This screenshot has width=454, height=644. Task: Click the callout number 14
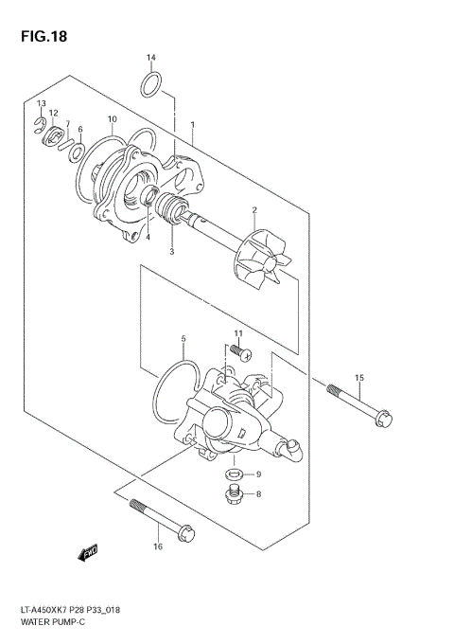tap(150, 59)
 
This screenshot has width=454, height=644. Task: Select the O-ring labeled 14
tap(152, 84)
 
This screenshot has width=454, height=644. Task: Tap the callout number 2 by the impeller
tap(254, 209)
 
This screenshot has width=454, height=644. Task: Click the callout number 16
tap(158, 546)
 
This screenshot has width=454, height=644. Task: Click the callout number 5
tap(183, 338)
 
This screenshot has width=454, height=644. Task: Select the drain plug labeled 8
tap(233, 492)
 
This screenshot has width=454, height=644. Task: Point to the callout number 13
tap(41, 102)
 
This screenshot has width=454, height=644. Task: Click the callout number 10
tap(112, 119)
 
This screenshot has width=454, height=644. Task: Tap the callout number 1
tap(192, 125)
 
